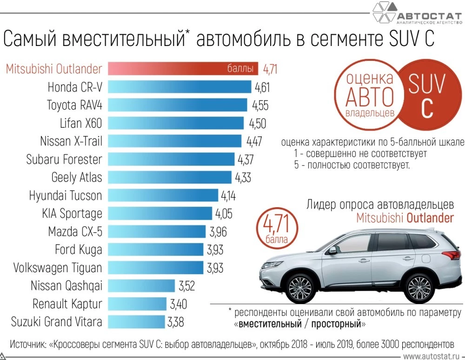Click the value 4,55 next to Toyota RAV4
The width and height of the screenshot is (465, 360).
pyautogui.click(x=260, y=105)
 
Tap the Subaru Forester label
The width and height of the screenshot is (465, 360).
pyautogui.click(x=64, y=159)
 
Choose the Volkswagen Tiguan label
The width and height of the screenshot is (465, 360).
pyautogui.click(x=57, y=268)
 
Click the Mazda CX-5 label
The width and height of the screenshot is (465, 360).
pyautogui.click(x=74, y=231)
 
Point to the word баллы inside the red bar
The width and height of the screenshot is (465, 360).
pyautogui.click(x=240, y=69)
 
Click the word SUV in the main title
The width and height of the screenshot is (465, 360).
pyautogui.click(x=400, y=39)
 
